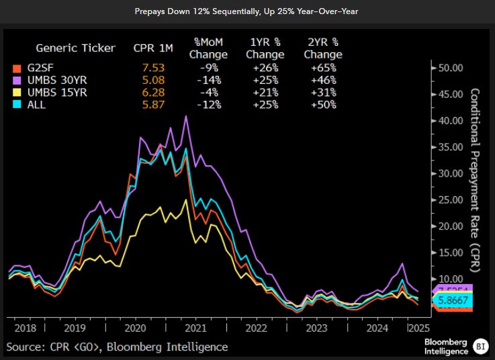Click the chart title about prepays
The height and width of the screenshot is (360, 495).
pos(246,11)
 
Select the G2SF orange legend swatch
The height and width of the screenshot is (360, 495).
pos(17,68)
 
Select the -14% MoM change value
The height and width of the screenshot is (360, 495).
pos(208,80)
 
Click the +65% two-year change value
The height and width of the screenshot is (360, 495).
pos(322,68)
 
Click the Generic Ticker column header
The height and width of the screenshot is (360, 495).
pos(75,48)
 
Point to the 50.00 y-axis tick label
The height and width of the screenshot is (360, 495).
pos(451,68)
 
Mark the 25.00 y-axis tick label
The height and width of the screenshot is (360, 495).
pos(451,199)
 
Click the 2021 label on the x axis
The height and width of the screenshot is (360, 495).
pos(195,328)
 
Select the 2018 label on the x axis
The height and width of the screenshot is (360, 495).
pos(25,328)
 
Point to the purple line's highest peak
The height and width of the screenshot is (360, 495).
pos(186,116)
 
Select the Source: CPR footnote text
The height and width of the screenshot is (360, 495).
pos(117,347)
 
